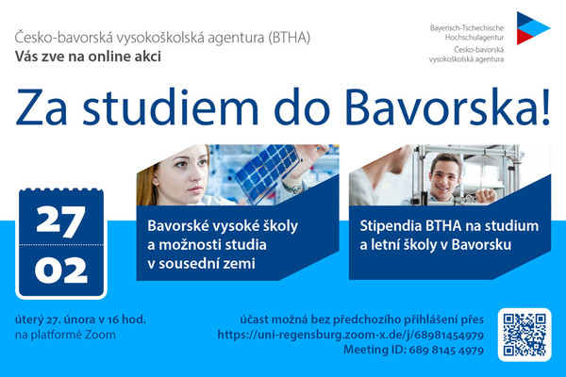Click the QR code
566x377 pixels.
pos(524,335)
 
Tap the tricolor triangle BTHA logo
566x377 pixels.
pos(533,28)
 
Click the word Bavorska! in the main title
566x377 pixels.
pos(447,107)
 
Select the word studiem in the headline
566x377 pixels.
pos(171,107)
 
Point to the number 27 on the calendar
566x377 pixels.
pos(61,221)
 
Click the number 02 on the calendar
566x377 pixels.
pos(61,270)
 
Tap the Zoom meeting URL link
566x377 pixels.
pos(351,336)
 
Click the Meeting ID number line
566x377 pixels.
pos(413,350)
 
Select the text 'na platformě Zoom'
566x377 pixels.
pos(65,336)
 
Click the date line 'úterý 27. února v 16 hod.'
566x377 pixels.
pos(80,320)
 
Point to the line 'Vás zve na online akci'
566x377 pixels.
pos(88,57)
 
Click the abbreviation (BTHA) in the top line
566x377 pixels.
pos(290,38)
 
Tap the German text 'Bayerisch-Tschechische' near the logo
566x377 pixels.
pos(467,27)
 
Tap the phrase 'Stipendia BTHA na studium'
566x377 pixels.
pos(449,226)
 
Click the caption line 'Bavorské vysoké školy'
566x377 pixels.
pos(223,226)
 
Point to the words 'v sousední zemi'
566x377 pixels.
pos(201,264)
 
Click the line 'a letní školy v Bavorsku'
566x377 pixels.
pos(435,245)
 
